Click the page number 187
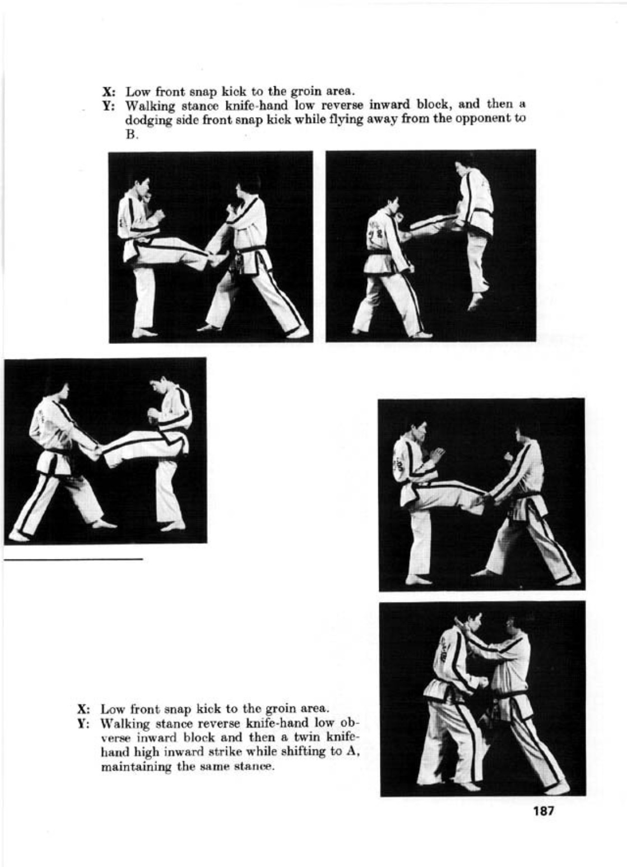pos(543,810)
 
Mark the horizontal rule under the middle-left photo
pos(73,558)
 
